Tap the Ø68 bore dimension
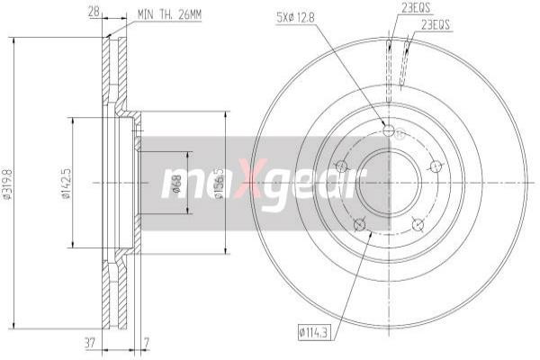pos(177,184)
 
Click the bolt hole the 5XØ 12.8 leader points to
pos(389,131)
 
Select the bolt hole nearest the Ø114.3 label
pos(359,225)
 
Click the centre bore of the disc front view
pos(388,184)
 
